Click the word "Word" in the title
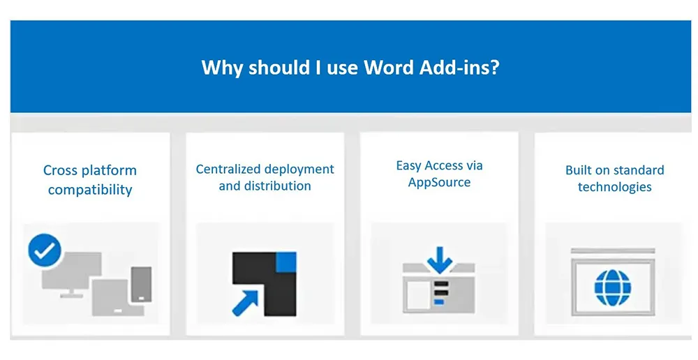pos(389,67)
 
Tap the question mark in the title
pos(494,67)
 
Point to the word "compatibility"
pos(90,190)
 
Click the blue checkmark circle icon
pos(45,250)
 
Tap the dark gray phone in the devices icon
pos(142,285)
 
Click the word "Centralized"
pos(228,170)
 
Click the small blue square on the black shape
pos(286,262)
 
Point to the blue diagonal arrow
pos(245,303)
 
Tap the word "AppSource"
pos(439,183)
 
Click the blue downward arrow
pos(440,260)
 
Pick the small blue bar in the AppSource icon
pos(439,302)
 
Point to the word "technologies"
pos(615,187)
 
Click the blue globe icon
pos(613,287)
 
